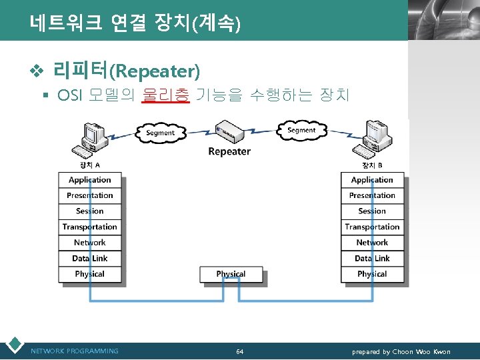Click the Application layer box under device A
tap(90, 180)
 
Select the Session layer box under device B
tap(372, 211)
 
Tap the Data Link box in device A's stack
tap(90, 258)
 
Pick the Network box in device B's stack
tap(372, 243)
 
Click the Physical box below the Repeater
tap(231, 274)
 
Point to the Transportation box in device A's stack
tap(90, 227)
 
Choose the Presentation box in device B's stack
tap(372, 195)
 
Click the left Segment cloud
tap(160, 132)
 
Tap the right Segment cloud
tap(301, 130)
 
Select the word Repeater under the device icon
tap(229, 151)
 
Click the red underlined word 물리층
tap(166, 95)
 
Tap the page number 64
tap(240, 351)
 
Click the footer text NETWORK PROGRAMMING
tap(75, 351)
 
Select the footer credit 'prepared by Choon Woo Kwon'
tap(401, 351)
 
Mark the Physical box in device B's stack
tap(372, 274)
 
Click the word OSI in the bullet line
tap(71, 95)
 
